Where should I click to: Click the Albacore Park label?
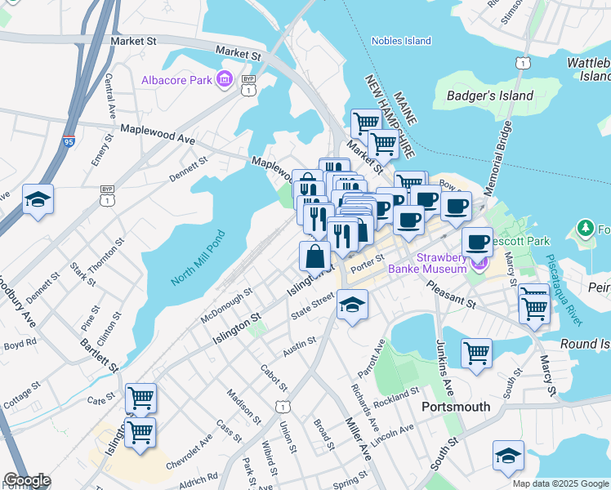176,79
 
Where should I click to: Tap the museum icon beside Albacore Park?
224,79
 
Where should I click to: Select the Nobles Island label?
400,41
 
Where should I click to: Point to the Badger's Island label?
490,96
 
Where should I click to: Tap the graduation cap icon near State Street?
352,305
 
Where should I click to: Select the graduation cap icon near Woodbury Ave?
38,199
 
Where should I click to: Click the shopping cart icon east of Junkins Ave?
476,354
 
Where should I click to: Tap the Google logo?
26,480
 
